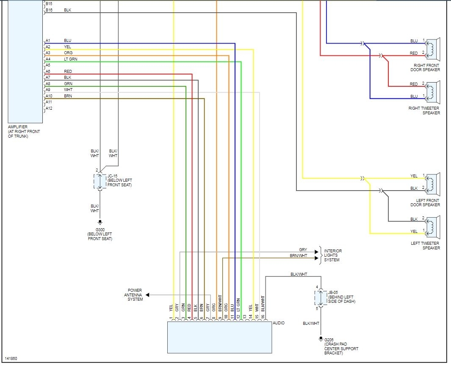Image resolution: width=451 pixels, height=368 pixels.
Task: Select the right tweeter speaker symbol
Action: (433, 91)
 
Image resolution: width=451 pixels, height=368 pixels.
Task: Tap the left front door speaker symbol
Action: (433, 183)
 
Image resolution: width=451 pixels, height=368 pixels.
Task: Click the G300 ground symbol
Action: (100, 222)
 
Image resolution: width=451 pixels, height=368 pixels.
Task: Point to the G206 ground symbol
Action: (321, 339)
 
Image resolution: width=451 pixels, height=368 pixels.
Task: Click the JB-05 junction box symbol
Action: (321, 298)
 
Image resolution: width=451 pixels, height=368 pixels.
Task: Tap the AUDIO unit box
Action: (219, 337)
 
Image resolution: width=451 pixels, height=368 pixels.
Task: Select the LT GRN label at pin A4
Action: (70, 59)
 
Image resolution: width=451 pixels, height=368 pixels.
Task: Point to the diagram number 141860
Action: (11, 359)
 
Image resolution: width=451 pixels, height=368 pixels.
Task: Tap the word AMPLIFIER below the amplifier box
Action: (18, 127)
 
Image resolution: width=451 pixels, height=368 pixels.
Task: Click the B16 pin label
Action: (49, 10)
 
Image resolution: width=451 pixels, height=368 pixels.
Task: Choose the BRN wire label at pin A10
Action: (68, 96)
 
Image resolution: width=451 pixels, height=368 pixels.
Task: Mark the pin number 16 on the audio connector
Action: (263, 317)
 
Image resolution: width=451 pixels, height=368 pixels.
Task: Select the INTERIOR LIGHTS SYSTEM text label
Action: (333, 255)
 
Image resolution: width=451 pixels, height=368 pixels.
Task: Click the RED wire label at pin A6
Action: (68, 72)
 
